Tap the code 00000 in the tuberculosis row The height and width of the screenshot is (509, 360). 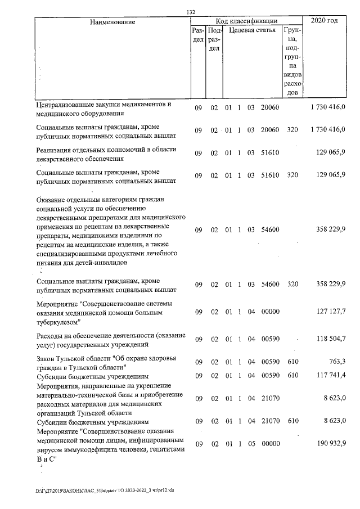(271, 312)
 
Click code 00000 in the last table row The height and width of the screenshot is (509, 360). (271, 444)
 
